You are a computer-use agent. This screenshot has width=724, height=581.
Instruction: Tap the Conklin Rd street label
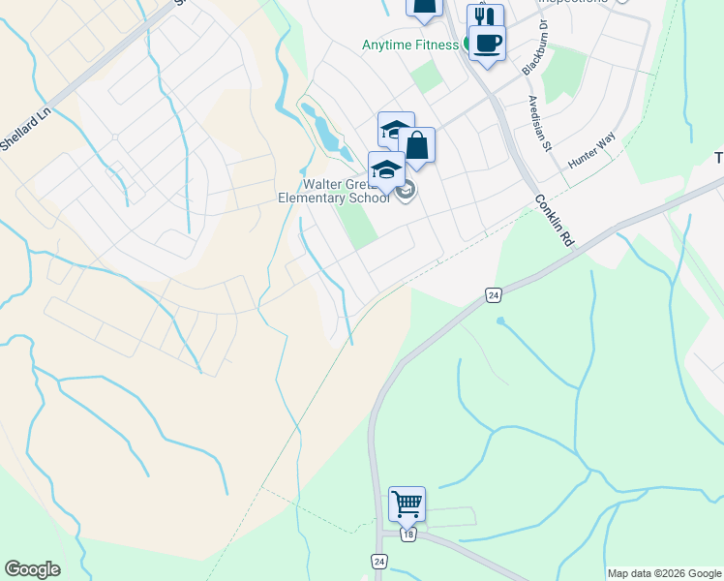tap(553, 221)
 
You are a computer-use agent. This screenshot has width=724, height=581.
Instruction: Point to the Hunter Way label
tap(591, 153)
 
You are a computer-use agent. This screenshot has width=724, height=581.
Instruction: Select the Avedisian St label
tap(539, 123)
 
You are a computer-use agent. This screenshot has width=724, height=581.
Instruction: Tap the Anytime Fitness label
tap(409, 45)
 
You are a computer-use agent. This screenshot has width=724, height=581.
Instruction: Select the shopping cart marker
tap(407, 504)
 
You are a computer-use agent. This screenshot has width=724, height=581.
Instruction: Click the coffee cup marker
tap(487, 43)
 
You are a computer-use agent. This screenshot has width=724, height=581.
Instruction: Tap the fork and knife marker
tap(485, 19)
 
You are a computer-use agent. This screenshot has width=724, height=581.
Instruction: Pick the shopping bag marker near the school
tap(417, 146)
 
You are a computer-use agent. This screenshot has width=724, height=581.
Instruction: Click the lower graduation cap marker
tap(386, 169)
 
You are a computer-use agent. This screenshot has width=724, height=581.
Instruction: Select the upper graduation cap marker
tap(396, 130)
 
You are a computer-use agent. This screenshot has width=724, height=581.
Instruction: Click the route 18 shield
tap(409, 535)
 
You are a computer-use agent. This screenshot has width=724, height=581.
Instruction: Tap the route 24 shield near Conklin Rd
tap(494, 294)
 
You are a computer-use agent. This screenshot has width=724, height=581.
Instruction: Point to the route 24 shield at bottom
tap(378, 562)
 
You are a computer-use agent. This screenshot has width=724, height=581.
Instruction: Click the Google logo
tap(33, 569)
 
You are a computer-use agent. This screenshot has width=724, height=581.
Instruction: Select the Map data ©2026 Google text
tap(664, 573)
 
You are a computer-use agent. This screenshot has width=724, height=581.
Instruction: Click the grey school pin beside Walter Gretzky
tap(407, 191)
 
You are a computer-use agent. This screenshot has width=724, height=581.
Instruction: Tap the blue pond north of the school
tap(325, 131)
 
